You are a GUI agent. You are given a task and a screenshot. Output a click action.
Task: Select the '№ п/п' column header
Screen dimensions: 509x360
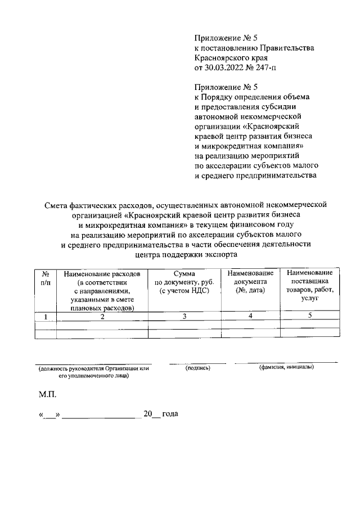point(46,277)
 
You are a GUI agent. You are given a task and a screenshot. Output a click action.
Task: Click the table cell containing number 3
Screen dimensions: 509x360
point(184,317)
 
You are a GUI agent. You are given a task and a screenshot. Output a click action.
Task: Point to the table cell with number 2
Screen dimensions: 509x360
point(102,317)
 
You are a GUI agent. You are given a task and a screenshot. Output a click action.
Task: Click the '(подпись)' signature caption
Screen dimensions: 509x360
point(197,368)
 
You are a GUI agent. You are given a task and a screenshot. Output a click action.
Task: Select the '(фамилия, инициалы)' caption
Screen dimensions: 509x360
point(286,368)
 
